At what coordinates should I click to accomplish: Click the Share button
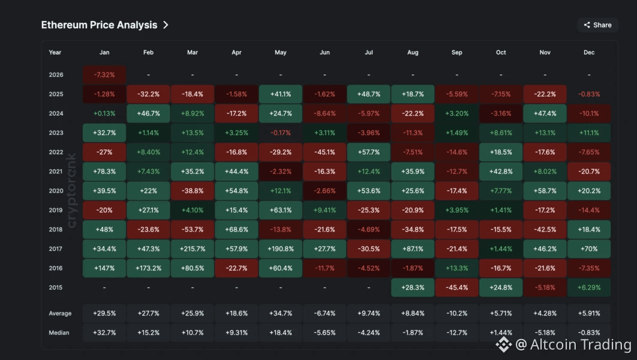597,25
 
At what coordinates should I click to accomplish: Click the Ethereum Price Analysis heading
100,25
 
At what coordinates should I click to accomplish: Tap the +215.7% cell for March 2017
193,248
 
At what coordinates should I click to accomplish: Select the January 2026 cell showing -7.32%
104,75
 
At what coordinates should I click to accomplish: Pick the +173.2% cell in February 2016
149,268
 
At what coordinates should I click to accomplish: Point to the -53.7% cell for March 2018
193,229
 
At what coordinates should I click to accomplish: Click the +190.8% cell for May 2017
281,248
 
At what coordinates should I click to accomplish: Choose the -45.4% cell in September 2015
457,287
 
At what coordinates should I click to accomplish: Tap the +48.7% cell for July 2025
369,94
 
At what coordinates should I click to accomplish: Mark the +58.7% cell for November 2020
545,191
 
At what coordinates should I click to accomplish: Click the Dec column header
589,53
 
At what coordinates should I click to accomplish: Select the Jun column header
324,53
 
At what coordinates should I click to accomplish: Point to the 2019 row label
56,210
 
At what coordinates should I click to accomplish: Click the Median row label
59,332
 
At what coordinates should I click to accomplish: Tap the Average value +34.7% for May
281,313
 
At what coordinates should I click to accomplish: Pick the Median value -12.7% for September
457,332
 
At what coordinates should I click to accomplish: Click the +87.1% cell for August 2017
413,248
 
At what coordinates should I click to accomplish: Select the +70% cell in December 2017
589,248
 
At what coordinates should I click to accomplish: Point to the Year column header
55,53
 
